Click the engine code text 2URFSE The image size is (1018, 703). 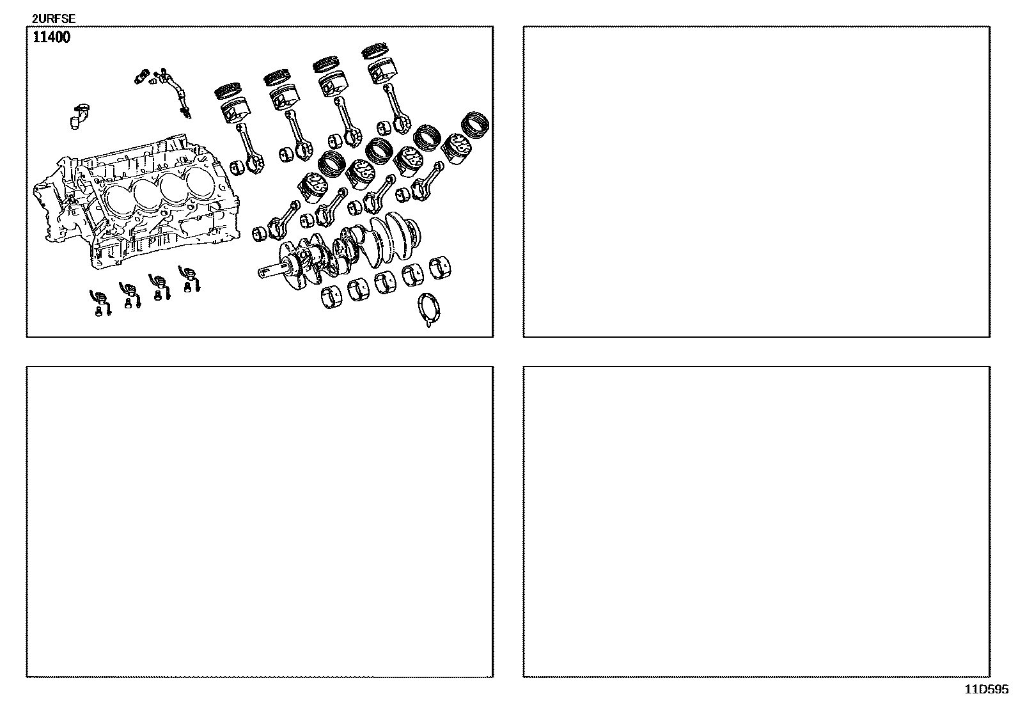click(x=54, y=19)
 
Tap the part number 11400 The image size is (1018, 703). click(x=51, y=37)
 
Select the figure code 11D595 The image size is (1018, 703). click(x=986, y=690)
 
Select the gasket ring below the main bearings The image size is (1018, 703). click(x=428, y=309)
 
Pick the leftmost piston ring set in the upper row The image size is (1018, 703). click(x=228, y=90)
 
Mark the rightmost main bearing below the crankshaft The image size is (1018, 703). click(x=441, y=268)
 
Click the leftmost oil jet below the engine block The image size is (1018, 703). click(x=100, y=302)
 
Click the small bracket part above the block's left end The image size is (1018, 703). click(x=79, y=117)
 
